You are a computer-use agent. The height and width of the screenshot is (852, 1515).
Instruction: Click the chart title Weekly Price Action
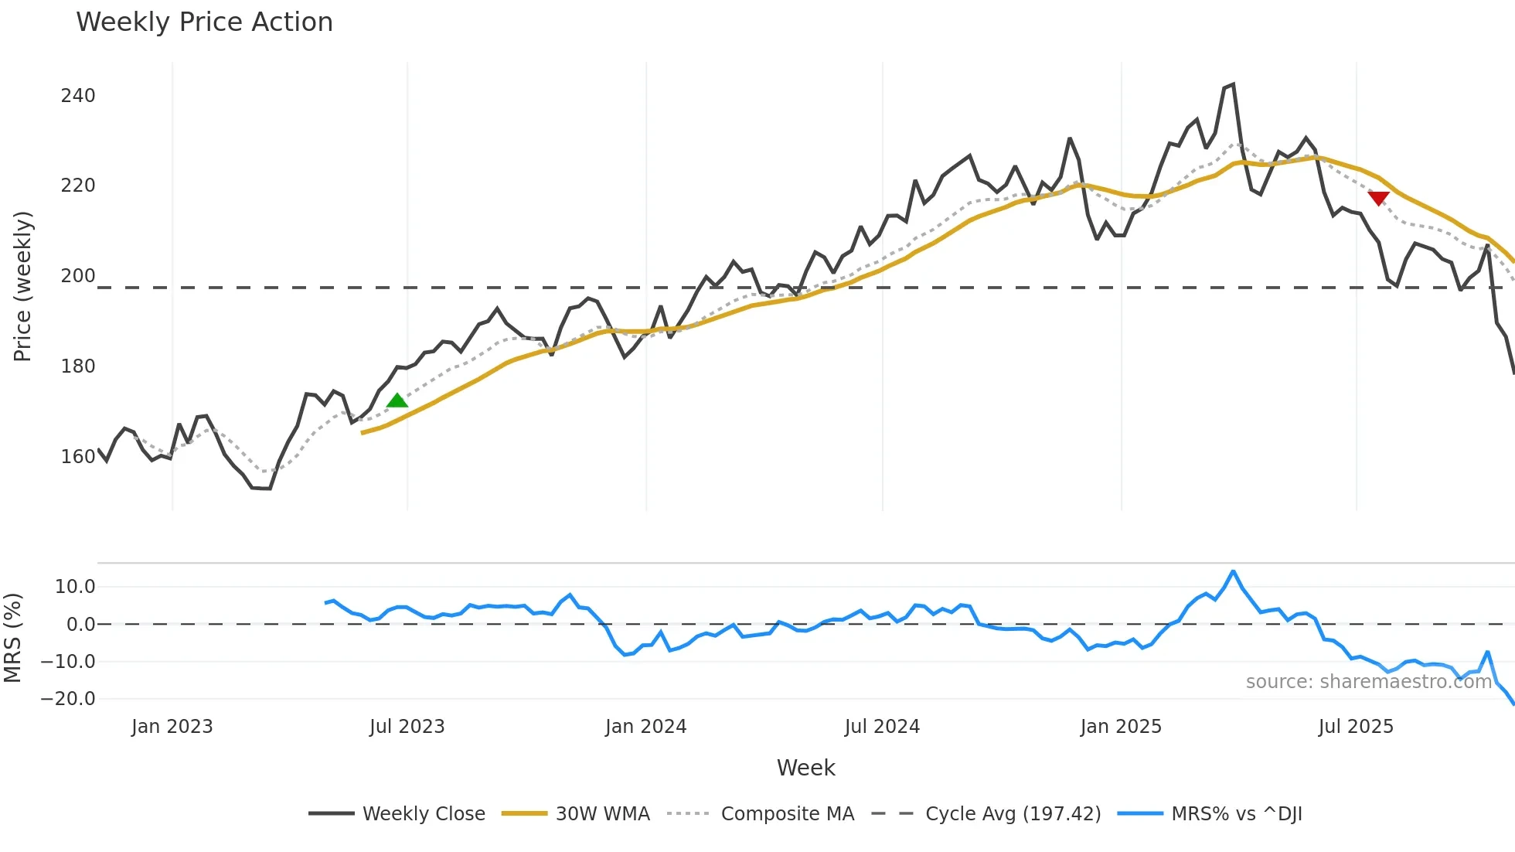[x=204, y=22]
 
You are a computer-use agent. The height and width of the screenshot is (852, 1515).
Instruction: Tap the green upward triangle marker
[x=397, y=400]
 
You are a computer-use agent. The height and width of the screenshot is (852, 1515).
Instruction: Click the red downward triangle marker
[x=1378, y=198]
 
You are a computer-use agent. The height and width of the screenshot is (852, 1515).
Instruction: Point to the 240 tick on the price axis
[x=78, y=96]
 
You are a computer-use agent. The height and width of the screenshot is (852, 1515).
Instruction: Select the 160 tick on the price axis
[x=78, y=457]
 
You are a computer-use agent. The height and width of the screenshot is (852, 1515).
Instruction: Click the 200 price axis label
[x=78, y=276]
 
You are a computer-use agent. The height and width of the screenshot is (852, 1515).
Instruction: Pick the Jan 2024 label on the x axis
[x=645, y=727]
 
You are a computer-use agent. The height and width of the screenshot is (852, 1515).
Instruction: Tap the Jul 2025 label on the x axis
[x=1355, y=727]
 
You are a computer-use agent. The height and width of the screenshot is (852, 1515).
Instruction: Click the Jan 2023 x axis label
[x=172, y=727]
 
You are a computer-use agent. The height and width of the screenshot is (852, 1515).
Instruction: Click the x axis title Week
[x=805, y=768]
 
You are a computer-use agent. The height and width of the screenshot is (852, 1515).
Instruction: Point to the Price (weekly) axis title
[x=22, y=286]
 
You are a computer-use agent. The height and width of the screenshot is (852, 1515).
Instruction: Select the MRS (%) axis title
[x=12, y=638]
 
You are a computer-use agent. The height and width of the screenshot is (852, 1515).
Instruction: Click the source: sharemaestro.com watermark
[x=1368, y=682]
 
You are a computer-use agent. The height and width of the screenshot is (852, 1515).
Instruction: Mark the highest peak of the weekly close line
[x=1233, y=84]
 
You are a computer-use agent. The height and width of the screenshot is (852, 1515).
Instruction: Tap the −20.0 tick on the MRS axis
[x=68, y=699]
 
